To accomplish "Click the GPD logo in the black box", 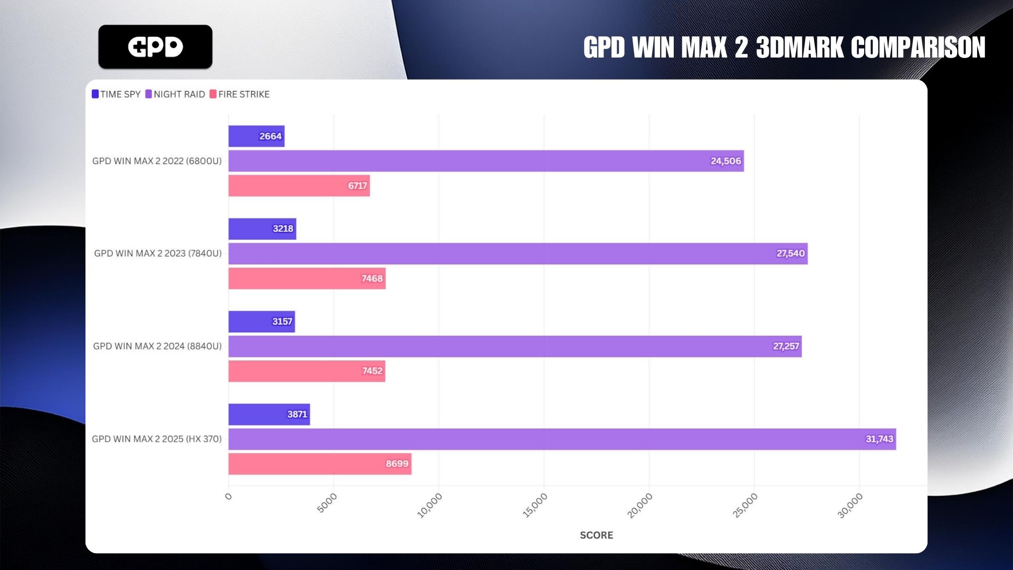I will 155,47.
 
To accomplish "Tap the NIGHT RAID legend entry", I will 175,94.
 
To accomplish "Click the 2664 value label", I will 270,136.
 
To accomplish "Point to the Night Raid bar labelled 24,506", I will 485,161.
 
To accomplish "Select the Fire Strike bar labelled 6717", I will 299,186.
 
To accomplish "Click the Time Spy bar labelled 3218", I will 262,229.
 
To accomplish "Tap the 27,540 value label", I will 790,254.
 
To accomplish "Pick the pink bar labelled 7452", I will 307,371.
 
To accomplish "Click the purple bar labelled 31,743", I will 562,439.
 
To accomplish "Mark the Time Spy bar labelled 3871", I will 269,414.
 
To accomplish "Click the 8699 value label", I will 397,464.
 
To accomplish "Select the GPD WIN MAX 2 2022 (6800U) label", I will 157,161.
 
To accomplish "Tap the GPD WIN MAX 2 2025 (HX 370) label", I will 157,439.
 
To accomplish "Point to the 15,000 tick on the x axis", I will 535,505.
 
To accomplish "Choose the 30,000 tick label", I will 850,505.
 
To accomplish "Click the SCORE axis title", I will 596,535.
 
